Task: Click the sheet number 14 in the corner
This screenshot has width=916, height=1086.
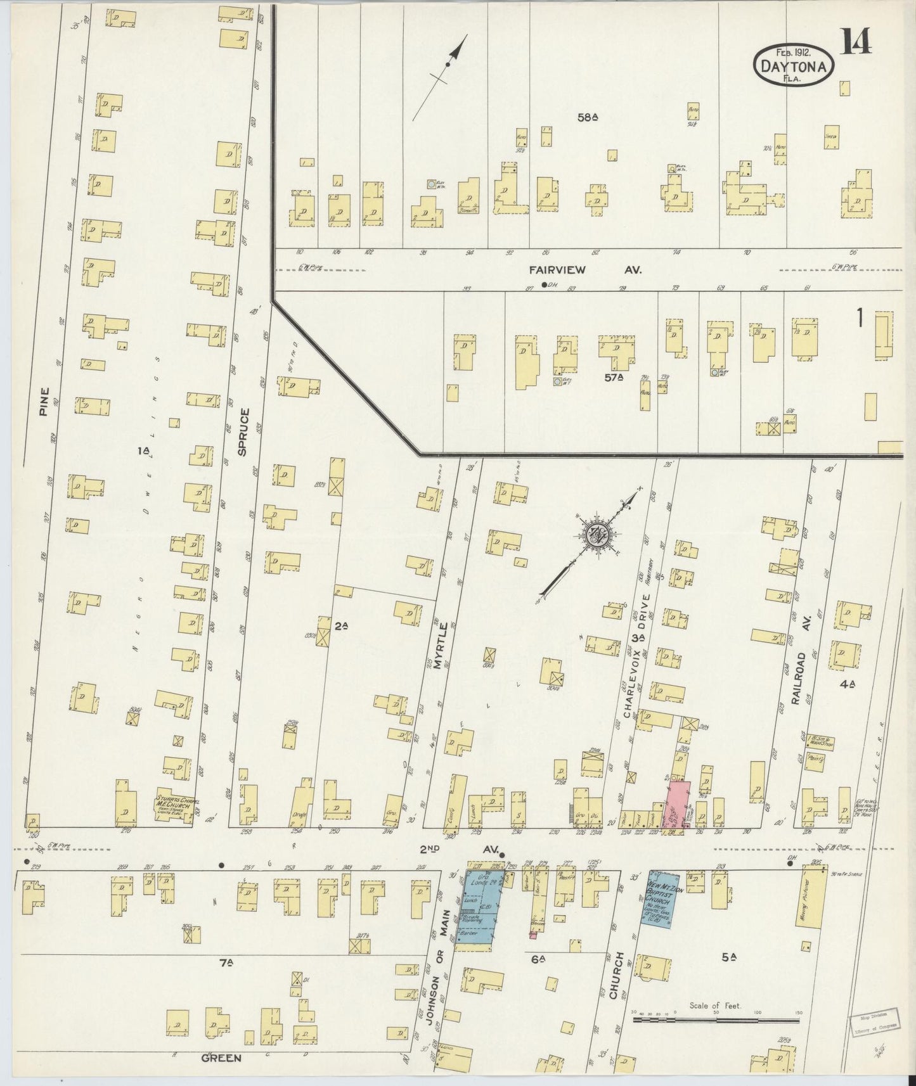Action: click(x=856, y=42)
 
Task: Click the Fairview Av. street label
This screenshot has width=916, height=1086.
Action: click(x=586, y=269)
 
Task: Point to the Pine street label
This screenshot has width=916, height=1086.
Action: click(x=44, y=402)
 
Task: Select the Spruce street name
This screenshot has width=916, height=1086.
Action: click(x=244, y=432)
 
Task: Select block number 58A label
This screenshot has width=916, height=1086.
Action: click(x=588, y=117)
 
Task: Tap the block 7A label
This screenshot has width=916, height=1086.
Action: click(x=227, y=964)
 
